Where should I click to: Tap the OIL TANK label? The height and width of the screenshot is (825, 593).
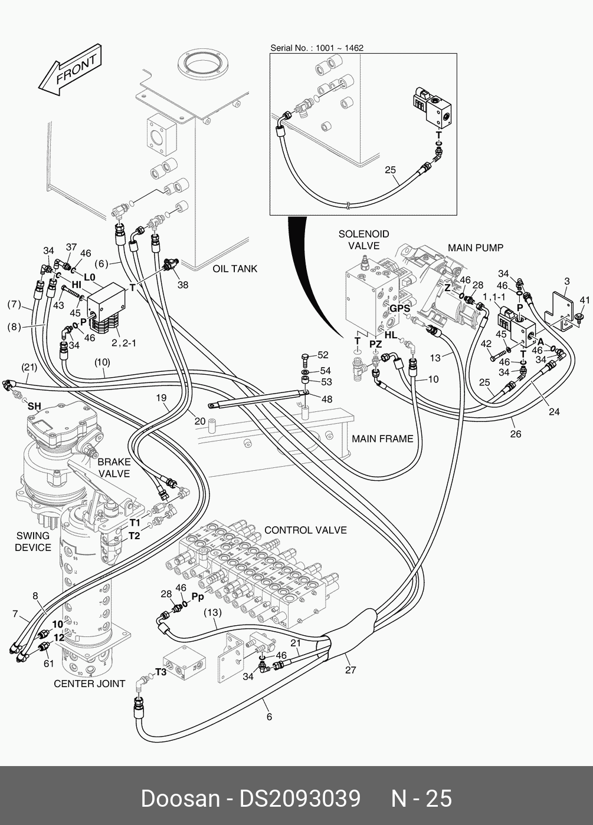coord(235,269)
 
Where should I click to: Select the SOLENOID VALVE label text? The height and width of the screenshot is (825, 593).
coord(363,240)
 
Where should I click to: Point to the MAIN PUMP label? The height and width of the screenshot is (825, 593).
coord(475,247)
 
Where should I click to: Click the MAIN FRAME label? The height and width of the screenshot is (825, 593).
coord(382,438)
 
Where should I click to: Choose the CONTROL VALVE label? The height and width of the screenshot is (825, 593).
coord(305,530)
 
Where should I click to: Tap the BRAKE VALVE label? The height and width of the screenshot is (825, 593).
coord(114,468)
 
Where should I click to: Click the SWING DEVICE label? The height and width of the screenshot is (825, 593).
coord(33,542)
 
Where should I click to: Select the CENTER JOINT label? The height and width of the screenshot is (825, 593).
coord(89,684)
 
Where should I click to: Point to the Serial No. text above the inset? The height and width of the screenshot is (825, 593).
coord(317,48)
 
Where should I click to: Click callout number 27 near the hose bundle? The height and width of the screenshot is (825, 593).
coord(350,669)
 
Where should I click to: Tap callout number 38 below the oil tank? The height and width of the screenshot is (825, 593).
coord(183,285)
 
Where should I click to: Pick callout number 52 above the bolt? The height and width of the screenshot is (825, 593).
coord(323,355)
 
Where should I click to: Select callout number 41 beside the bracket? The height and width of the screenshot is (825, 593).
coord(584,301)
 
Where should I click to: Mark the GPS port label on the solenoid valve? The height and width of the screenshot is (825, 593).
coord(399,308)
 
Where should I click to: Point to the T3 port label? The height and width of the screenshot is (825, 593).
coord(161,672)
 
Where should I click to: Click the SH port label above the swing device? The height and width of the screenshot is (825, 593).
coord(34,406)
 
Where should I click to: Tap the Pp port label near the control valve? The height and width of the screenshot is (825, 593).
coord(198,596)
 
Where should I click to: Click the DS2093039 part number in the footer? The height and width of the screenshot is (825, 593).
coord(299,798)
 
